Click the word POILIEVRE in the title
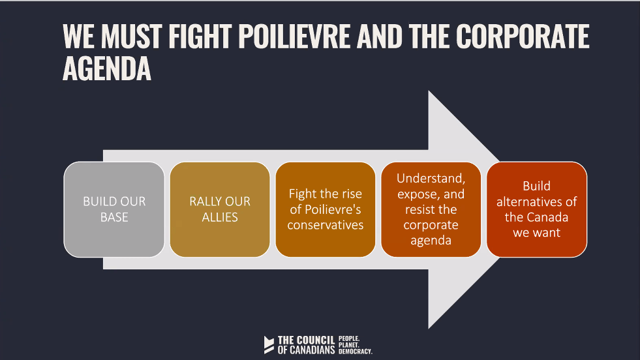[x=294, y=37]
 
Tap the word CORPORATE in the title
[x=523, y=37]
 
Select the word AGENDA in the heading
[x=107, y=69]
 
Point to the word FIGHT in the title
[x=200, y=37]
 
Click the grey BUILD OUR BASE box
[x=114, y=209]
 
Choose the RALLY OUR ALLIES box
[x=220, y=209]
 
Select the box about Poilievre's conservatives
[x=326, y=209]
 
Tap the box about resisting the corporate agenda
[x=431, y=209]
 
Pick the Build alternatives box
[x=537, y=209]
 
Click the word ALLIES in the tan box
[x=220, y=217]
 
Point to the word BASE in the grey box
[x=114, y=217]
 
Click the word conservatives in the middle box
[x=326, y=225]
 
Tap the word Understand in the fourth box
[x=431, y=178]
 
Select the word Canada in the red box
[x=548, y=217]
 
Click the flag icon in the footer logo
[x=269, y=345]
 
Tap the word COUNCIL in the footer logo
[x=315, y=340]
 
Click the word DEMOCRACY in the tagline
[x=355, y=352]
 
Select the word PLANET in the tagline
[x=348, y=345]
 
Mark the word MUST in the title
[x=132, y=37]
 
